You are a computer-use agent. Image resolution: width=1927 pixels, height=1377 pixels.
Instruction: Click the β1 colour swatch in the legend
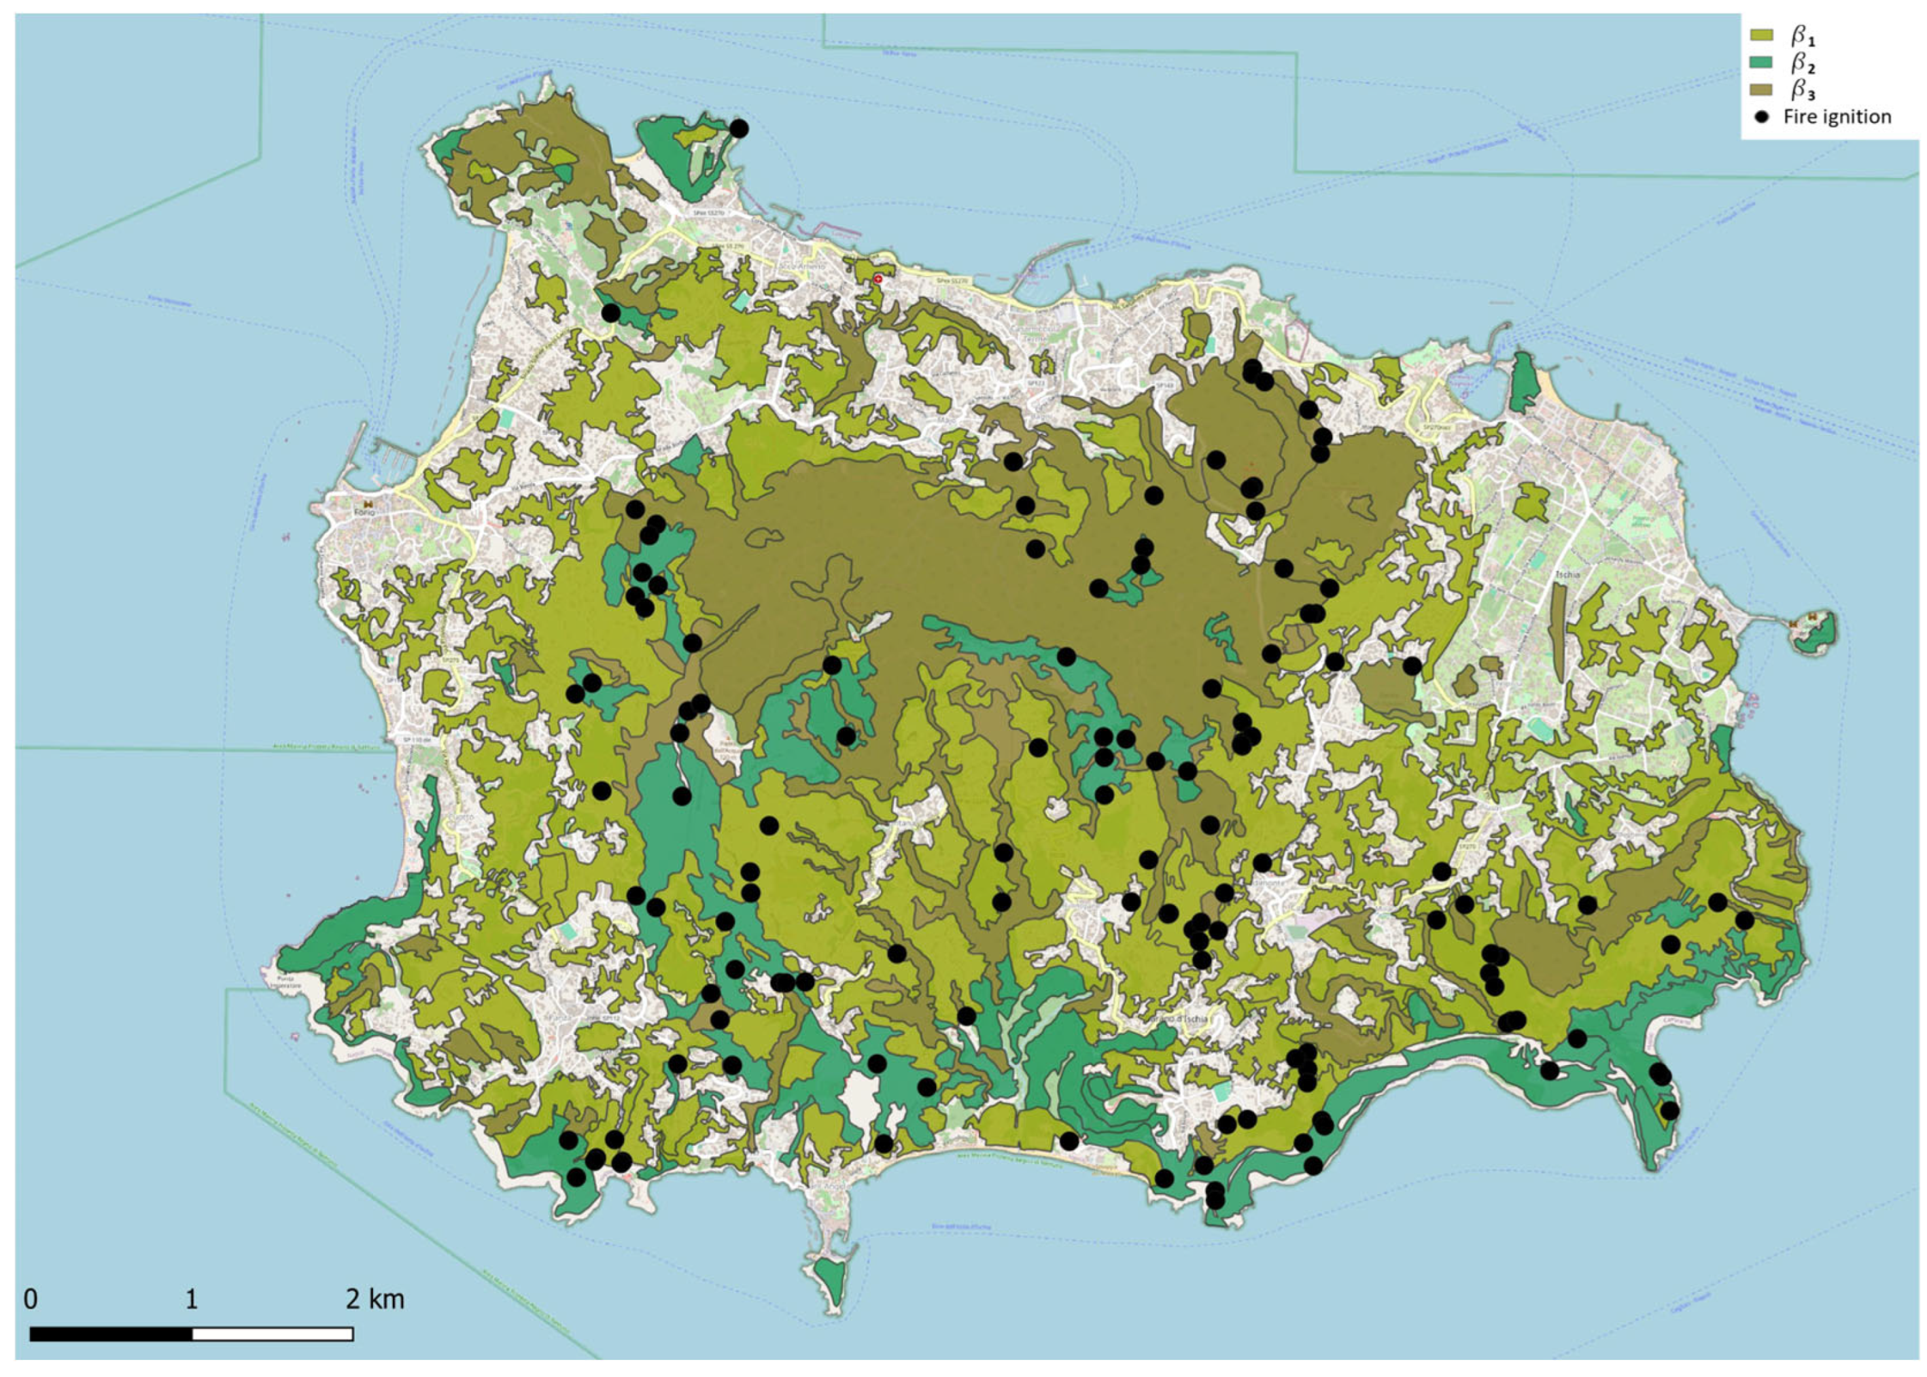coord(1761,35)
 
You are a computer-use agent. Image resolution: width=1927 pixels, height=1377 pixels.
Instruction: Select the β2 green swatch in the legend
coord(1761,62)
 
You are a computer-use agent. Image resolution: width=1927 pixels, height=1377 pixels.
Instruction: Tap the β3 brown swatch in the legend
coord(1761,89)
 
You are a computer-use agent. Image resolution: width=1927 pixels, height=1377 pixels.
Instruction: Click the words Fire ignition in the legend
coord(1837,117)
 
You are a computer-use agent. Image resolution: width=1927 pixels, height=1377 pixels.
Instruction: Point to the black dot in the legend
coord(1762,117)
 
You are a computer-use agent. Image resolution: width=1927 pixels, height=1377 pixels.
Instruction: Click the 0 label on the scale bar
coord(31,1300)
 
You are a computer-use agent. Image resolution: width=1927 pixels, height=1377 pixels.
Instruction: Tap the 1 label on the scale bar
coord(192,1300)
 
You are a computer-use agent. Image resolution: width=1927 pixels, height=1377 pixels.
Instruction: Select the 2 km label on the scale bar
coord(375,1300)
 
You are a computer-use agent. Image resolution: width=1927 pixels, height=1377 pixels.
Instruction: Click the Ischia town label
coord(1567,574)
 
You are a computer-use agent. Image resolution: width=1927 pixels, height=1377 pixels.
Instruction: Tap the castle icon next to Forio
coord(368,503)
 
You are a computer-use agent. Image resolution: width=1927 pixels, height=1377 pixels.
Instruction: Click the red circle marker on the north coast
coord(878,278)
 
